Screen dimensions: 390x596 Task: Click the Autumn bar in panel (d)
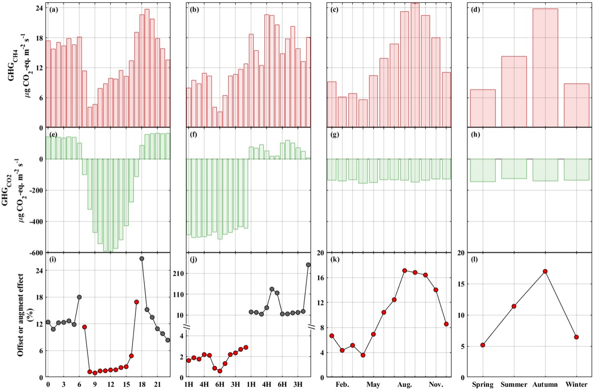point(545,68)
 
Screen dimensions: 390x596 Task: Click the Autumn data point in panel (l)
point(545,271)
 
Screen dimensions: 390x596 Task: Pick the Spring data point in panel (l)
point(483,345)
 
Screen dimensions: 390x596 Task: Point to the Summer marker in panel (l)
point(514,306)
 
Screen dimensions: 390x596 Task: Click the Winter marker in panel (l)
point(576,337)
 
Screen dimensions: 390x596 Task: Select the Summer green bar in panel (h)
point(514,168)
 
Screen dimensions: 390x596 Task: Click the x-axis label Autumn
point(545,385)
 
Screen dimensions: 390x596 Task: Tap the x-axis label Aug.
point(405,385)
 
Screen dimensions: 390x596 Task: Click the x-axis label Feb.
point(342,385)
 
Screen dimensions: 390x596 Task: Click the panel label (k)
point(336,259)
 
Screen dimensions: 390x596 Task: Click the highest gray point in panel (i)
point(142,258)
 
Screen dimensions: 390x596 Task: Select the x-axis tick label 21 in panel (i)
point(157,385)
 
